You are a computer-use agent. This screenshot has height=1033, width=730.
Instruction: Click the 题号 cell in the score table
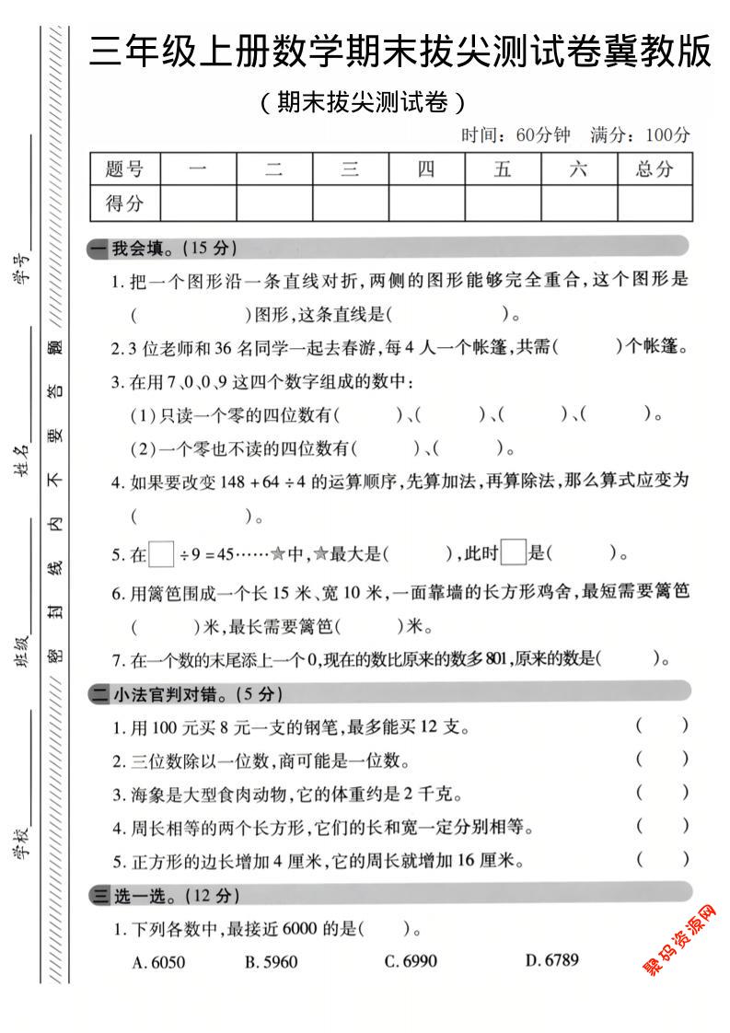click(125, 169)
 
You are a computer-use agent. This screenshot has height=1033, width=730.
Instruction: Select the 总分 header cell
click(654, 169)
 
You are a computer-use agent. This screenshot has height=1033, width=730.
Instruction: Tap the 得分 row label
click(125, 203)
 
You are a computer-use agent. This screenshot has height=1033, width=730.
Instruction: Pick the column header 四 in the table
click(426, 169)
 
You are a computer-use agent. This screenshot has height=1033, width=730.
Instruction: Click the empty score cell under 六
click(578, 203)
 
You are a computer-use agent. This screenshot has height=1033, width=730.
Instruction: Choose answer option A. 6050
click(159, 962)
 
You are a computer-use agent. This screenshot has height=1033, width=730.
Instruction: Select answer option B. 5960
click(272, 962)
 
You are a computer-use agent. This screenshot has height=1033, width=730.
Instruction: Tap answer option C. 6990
click(411, 961)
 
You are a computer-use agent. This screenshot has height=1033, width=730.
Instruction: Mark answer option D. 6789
click(552, 960)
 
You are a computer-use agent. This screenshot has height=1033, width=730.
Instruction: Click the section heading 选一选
click(153, 894)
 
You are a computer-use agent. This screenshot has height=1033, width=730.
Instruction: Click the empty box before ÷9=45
click(162, 554)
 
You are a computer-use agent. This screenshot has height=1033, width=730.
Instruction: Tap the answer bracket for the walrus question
click(661, 793)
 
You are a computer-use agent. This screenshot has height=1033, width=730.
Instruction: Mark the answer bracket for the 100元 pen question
click(661, 725)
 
